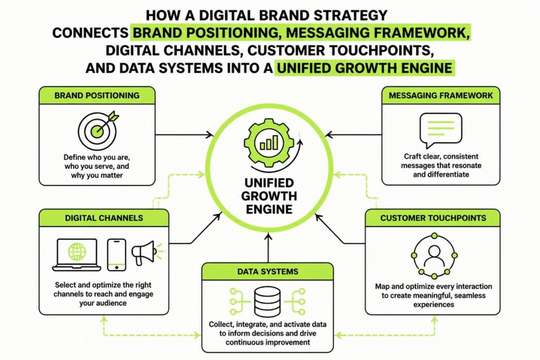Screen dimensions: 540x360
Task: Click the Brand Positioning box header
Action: [97, 95]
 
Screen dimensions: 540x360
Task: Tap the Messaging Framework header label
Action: [441, 95]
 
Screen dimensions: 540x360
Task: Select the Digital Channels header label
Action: [104, 218]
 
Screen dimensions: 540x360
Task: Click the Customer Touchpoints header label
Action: [433, 218]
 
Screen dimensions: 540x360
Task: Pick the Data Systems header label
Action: [267, 271]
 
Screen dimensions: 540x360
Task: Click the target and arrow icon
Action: [98, 130]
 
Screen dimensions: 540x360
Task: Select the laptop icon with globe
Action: [77, 255]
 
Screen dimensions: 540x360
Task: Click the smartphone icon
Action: [117, 255]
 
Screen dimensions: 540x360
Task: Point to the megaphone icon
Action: [146, 252]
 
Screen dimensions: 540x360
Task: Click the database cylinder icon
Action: [267, 302]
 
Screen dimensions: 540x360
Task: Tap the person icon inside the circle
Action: [434, 256]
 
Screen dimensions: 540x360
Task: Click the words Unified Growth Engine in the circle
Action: [269, 196]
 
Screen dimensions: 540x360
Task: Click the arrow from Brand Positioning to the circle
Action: [184, 134]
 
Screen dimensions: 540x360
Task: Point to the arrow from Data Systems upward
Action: [268, 248]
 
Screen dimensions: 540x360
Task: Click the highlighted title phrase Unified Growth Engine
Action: [365, 68]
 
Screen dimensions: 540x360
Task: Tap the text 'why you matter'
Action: [97, 175]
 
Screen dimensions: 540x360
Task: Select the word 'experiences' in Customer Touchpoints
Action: [433, 305]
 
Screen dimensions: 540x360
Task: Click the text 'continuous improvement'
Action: [268, 343]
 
